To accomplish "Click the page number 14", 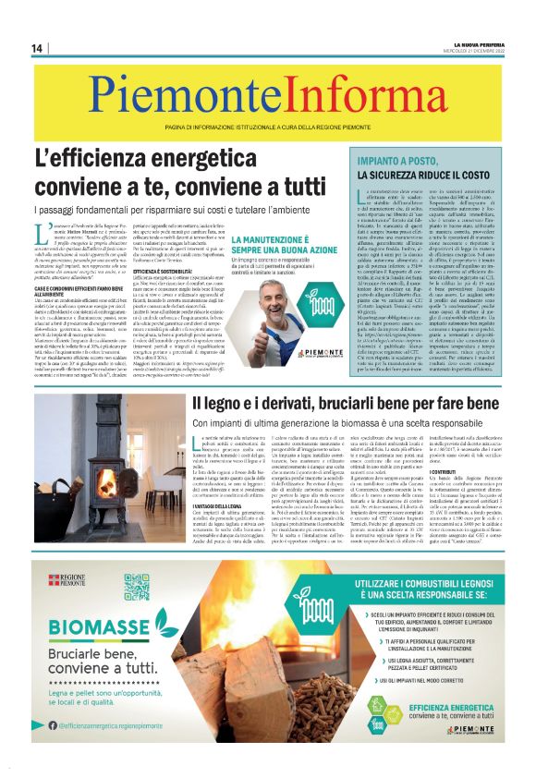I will point(38,48).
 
